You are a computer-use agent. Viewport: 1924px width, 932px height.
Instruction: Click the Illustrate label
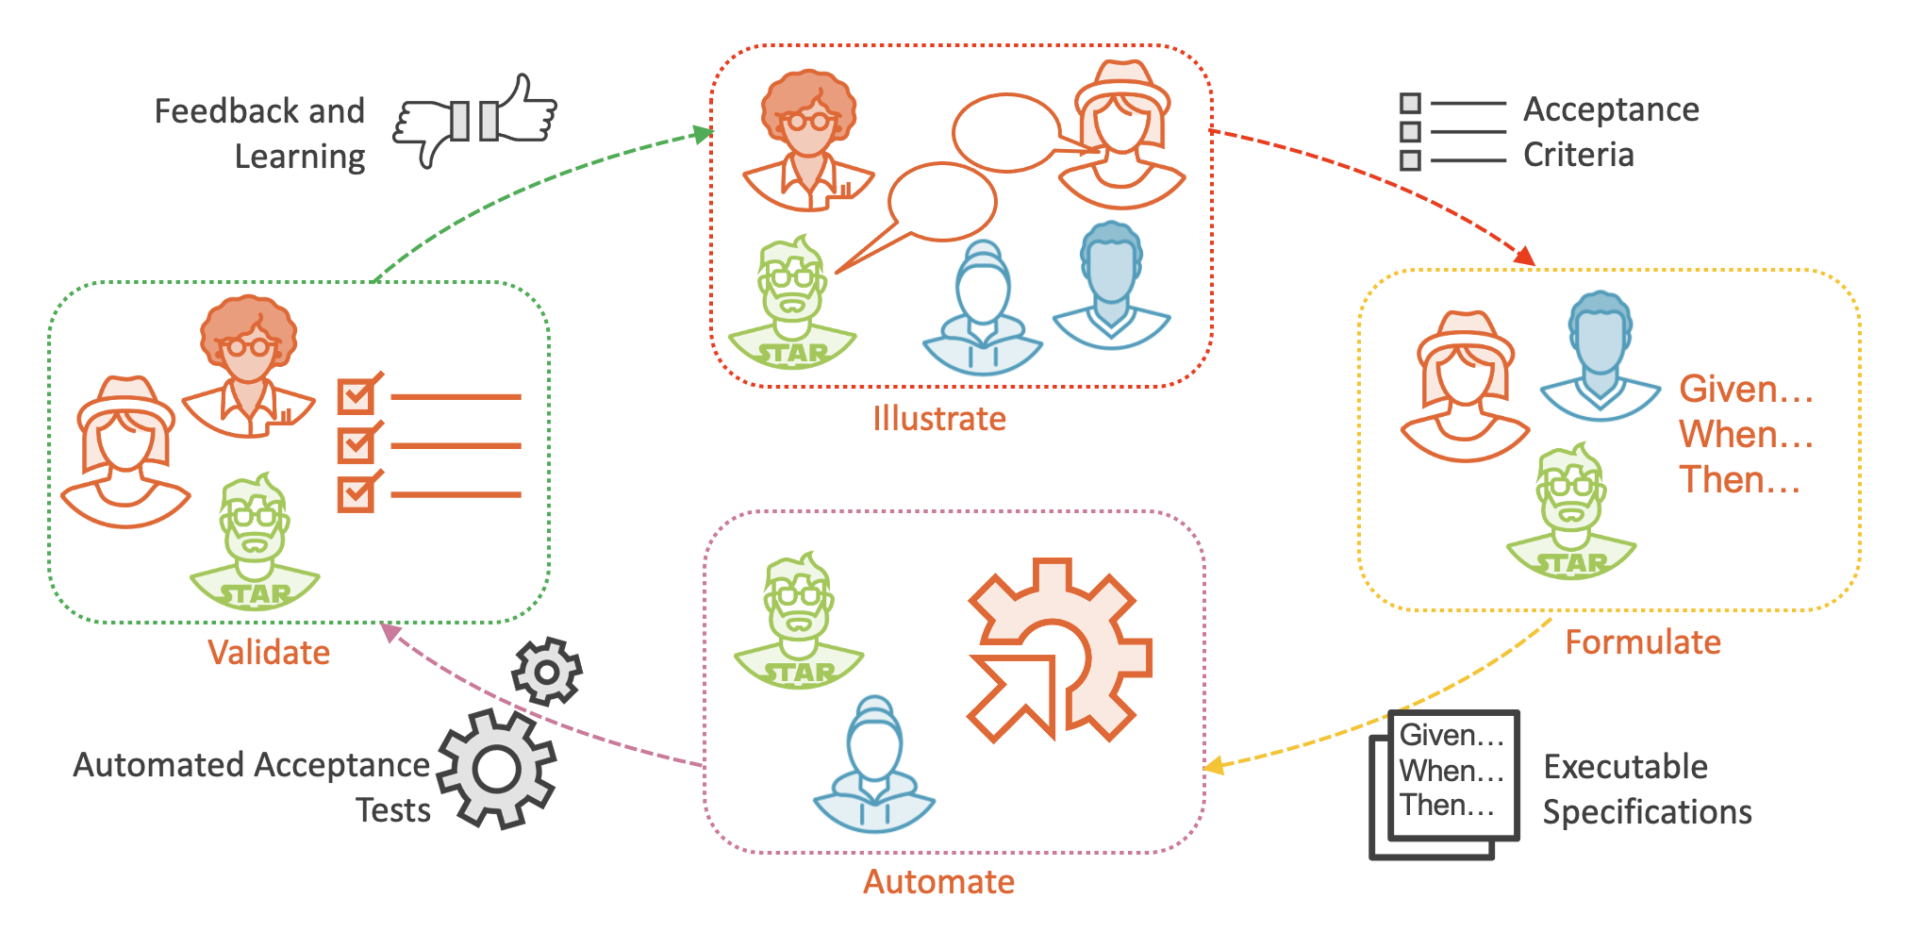click(938, 418)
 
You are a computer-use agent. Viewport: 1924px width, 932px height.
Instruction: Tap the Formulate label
click(1643, 642)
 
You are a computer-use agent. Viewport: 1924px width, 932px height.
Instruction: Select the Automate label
click(938, 882)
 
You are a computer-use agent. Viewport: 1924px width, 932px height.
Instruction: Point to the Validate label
click(269, 653)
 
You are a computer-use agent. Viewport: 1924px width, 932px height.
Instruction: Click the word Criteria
click(1578, 155)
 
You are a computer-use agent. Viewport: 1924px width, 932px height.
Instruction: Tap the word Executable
click(1625, 767)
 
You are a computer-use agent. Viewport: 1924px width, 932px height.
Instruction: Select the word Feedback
click(220, 111)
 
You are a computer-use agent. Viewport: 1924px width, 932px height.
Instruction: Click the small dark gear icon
click(546, 672)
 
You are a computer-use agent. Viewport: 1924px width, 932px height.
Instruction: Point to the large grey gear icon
click(497, 770)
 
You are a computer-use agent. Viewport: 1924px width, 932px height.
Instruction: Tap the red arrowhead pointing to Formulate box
click(1525, 257)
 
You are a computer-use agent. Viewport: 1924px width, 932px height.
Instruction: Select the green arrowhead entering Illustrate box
click(703, 134)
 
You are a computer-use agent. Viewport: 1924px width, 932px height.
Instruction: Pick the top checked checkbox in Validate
click(356, 396)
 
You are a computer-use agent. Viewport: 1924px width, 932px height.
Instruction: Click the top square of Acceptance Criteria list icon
click(1410, 103)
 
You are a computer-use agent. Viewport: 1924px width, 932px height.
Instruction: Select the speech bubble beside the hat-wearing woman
click(1006, 133)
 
